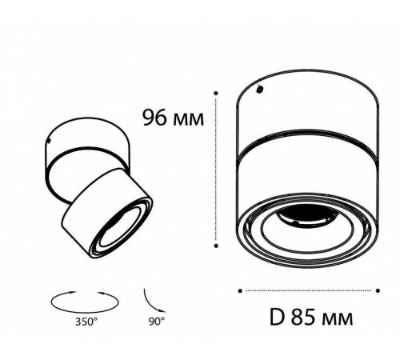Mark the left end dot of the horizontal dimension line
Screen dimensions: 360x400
[241, 289]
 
